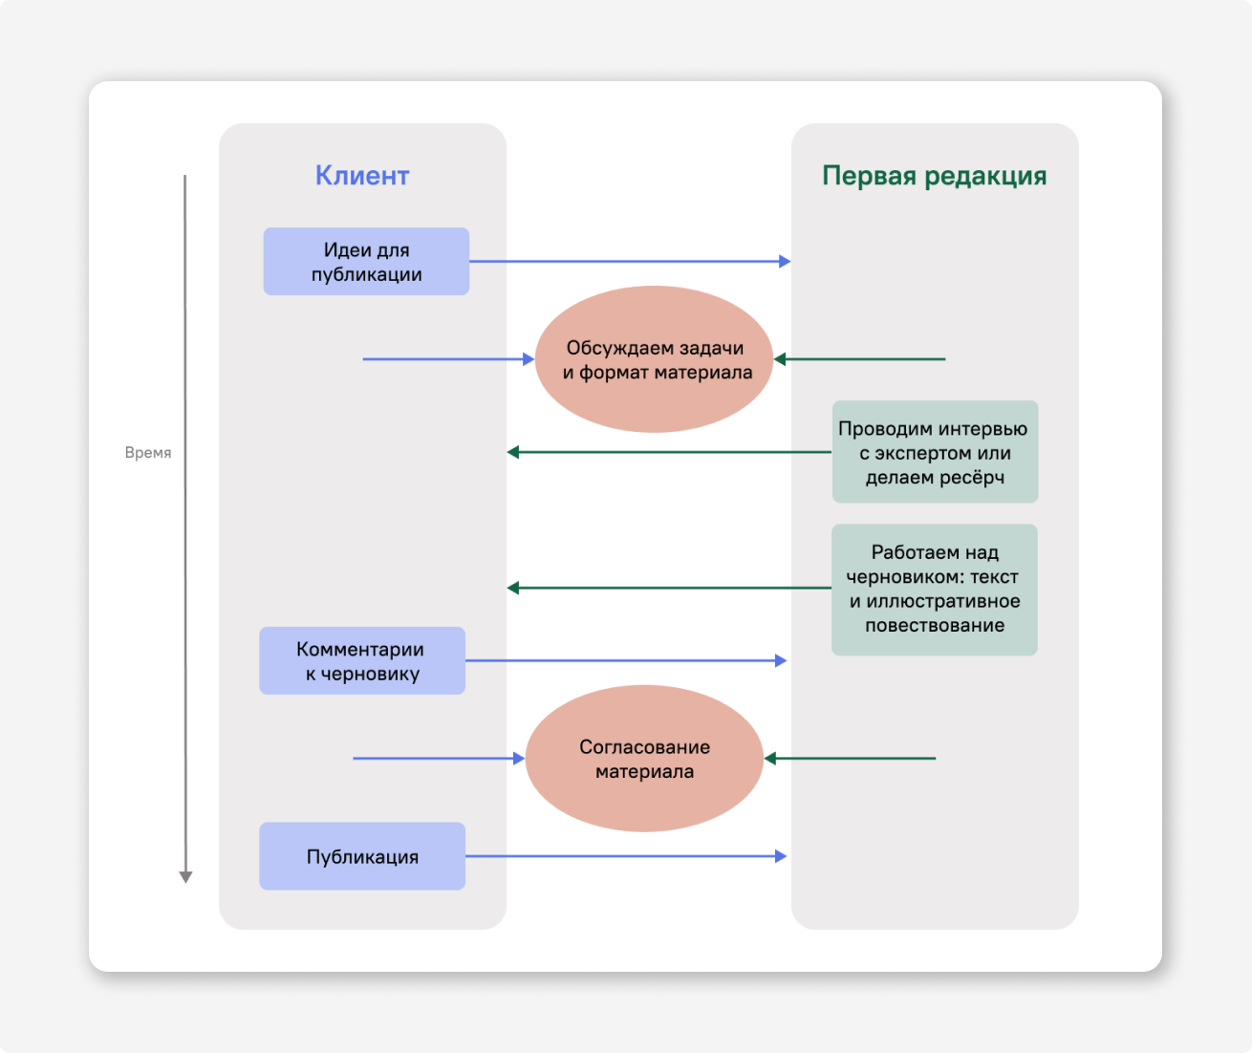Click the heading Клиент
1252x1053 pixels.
pyautogui.click(x=362, y=176)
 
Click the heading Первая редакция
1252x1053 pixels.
pyautogui.click(x=934, y=176)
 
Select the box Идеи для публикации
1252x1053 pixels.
pyautogui.click(x=366, y=261)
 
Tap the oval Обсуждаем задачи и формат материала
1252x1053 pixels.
pyautogui.click(x=654, y=359)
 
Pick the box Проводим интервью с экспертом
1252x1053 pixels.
pyautogui.click(x=934, y=452)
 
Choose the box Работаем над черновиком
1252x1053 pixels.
pyautogui.click(x=934, y=589)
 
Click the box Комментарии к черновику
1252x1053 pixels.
pyautogui.click(x=362, y=660)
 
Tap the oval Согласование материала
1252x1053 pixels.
pyautogui.click(x=644, y=759)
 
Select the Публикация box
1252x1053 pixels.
pyautogui.click(x=362, y=856)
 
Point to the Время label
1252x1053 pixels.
pyautogui.click(x=148, y=453)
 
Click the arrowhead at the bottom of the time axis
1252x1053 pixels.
pyautogui.click(x=185, y=876)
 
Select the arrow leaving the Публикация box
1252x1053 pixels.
pyautogui.click(x=625, y=856)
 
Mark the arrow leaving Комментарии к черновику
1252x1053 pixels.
pyautogui.click(x=625, y=660)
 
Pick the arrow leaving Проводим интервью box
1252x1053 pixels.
pyautogui.click(x=669, y=452)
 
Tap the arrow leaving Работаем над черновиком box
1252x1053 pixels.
pyautogui.click(x=669, y=588)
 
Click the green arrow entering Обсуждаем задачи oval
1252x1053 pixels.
pyautogui.click(x=859, y=359)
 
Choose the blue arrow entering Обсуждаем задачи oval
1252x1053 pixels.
pyautogui.click(x=448, y=359)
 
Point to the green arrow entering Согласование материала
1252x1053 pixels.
pyautogui.click(x=850, y=759)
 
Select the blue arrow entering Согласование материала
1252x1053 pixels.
pyautogui.click(x=439, y=759)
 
